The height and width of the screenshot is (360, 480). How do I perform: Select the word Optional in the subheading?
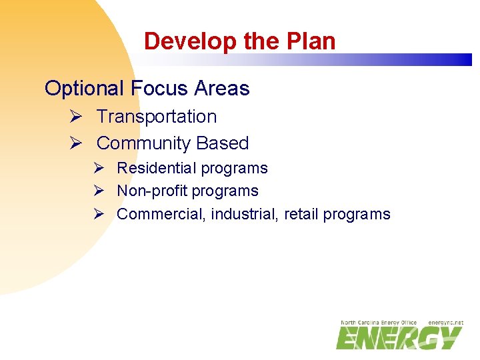point(84,89)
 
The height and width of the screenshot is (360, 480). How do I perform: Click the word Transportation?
point(157,117)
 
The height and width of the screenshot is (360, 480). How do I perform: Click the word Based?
point(222,143)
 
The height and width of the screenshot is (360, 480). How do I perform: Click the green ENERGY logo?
point(398,338)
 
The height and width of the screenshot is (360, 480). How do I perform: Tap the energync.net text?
point(445,323)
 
